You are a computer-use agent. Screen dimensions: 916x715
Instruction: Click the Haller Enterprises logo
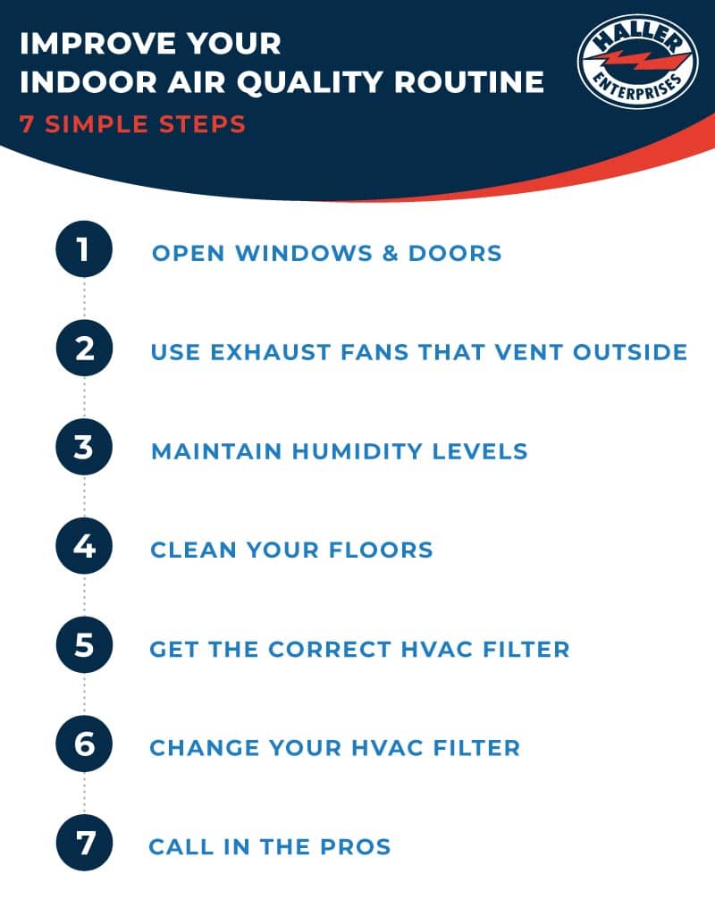pyautogui.click(x=637, y=61)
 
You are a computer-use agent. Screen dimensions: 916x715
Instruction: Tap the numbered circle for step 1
pyautogui.click(x=84, y=251)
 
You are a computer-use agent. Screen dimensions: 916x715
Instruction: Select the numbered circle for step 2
pyautogui.click(x=84, y=349)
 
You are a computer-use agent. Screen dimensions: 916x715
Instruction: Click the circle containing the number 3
pyautogui.click(x=84, y=449)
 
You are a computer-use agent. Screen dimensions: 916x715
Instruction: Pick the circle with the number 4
pyautogui.click(x=84, y=548)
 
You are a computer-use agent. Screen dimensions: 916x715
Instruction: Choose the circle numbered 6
pyautogui.click(x=84, y=745)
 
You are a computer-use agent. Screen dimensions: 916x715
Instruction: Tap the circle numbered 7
pyautogui.click(x=84, y=845)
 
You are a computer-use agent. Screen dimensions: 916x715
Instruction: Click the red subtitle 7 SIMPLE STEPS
pyautogui.click(x=132, y=123)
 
